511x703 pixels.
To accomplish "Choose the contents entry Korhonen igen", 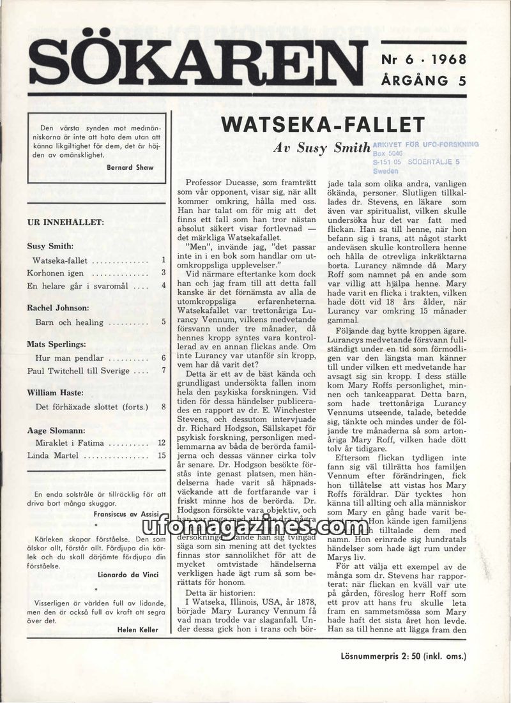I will coord(57,273).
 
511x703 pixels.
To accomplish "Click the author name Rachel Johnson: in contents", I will coord(58,308).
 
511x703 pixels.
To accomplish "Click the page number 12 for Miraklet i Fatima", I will coord(162,442).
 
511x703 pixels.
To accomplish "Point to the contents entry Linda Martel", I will coord(54,455).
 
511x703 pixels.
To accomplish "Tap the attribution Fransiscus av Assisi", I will coord(126,513).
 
